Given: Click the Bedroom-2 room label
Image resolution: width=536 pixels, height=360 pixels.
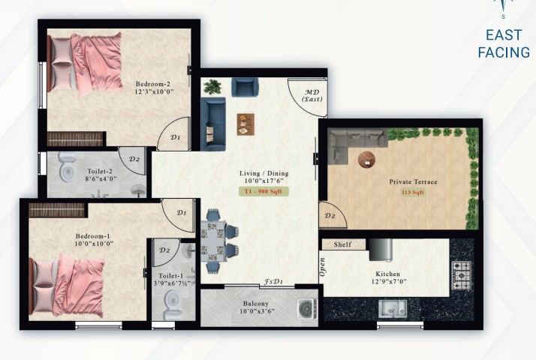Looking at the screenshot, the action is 152,84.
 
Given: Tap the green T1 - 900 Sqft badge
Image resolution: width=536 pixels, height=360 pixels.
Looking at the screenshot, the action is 263,191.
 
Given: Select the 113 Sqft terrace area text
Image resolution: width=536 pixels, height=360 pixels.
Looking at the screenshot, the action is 413,192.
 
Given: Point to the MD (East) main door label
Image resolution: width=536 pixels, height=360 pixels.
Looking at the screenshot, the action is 312,96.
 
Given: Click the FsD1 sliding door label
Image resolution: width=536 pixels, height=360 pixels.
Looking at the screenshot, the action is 273,282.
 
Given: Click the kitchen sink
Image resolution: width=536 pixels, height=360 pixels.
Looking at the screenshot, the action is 393,308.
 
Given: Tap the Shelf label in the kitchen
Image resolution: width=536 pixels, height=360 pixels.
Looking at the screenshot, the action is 342,244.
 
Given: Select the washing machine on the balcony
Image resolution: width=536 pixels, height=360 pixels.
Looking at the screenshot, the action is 307,309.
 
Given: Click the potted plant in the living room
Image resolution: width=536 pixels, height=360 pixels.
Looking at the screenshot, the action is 212,87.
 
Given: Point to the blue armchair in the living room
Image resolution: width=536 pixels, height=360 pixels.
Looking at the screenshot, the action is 245,87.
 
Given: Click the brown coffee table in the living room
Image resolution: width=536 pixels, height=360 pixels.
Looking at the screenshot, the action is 245,124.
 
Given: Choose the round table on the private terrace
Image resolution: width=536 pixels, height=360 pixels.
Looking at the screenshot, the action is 367,160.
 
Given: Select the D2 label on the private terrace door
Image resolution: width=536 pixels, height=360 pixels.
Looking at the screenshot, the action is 330,215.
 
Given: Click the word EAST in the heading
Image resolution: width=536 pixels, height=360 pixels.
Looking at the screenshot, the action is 504,35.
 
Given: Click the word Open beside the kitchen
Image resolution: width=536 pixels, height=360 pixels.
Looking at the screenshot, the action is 322,267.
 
